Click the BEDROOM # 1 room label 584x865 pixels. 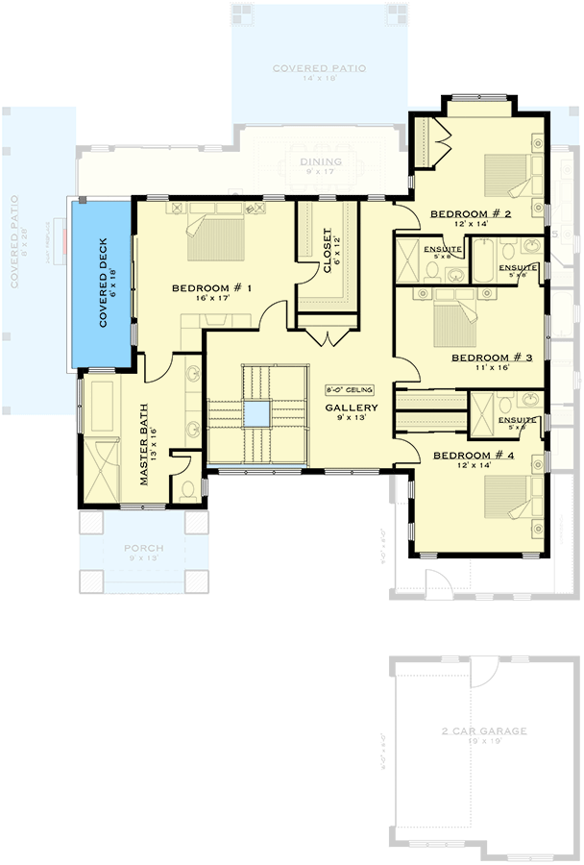pyautogui.click(x=211, y=288)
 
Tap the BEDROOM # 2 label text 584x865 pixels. pyautogui.click(x=470, y=213)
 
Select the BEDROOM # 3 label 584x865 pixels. pyautogui.click(x=493, y=357)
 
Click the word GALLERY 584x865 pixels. pyautogui.click(x=351, y=408)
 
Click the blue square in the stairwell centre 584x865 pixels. pyautogui.click(x=256, y=414)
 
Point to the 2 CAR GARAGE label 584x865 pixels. pyautogui.click(x=484, y=731)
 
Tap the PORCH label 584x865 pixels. pyautogui.click(x=143, y=549)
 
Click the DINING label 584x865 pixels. pyautogui.click(x=320, y=161)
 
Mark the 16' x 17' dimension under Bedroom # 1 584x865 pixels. pyautogui.click(x=211, y=299)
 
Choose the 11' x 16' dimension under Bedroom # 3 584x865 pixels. pyautogui.click(x=493, y=366)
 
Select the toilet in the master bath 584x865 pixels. pyautogui.click(x=189, y=490)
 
